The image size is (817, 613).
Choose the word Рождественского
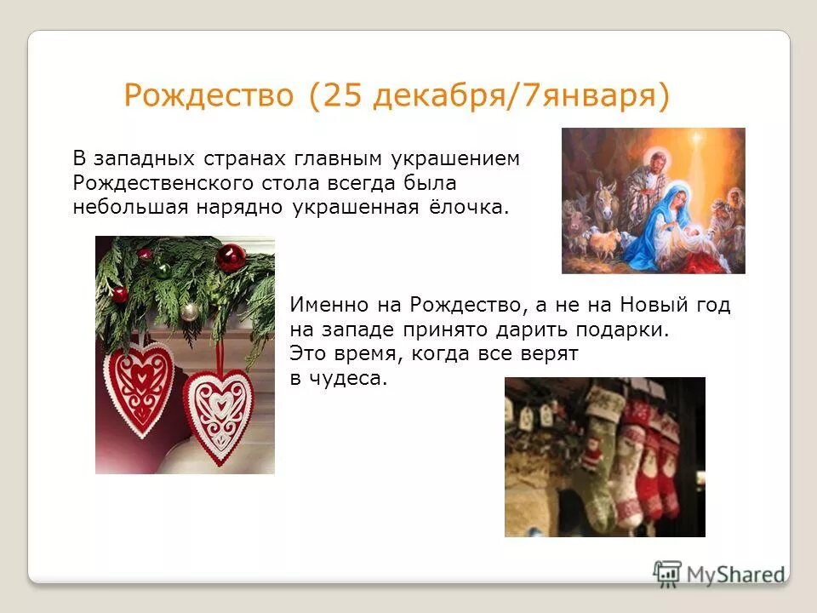[x=156, y=184]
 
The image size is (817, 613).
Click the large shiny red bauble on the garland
[x=230, y=257]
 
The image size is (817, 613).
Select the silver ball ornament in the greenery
[x=190, y=312]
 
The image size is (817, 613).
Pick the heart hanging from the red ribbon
[x=220, y=413]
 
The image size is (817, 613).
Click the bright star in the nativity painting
[x=698, y=139]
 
